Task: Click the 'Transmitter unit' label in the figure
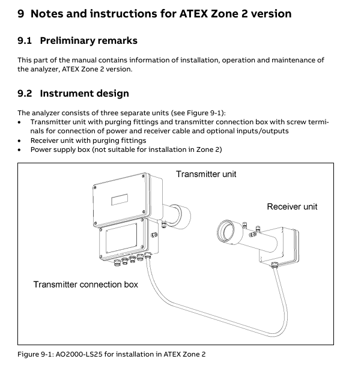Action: click(206, 174)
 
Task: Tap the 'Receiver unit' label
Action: click(292, 207)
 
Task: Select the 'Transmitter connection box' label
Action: click(86, 285)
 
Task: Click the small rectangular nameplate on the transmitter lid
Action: click(120, 199)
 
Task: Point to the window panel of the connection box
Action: click(121, 238)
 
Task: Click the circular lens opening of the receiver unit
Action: click(226, 232)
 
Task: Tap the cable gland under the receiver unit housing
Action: click(275, 264)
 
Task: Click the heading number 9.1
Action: click(25, 41)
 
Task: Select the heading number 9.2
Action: click(25, 94)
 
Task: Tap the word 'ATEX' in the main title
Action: click(193, 14)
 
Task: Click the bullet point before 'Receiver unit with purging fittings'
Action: click(19, 141)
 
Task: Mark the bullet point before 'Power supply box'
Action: click(19, 150)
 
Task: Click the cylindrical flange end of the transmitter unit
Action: click(181, 217)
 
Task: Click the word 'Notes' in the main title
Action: click(47, 14)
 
